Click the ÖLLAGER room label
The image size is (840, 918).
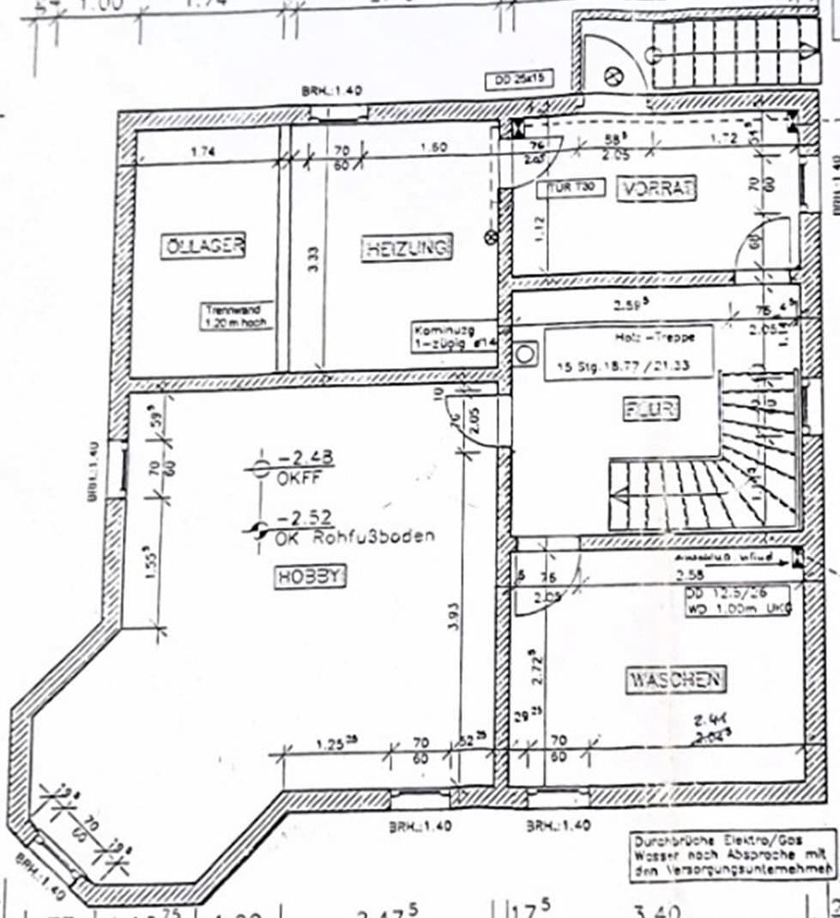(203, 246)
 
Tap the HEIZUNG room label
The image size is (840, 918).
(406, 249)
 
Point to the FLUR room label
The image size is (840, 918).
(651, 409)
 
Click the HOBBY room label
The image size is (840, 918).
(310, 577)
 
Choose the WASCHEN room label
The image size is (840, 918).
(676, 680)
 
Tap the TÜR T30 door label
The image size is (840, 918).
(571, 186)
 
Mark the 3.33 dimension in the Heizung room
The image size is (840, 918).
(314, 256)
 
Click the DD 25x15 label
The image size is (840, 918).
(519, 81)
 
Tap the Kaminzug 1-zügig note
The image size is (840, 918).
(443, 335)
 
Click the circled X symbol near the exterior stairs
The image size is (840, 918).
(613, 75)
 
